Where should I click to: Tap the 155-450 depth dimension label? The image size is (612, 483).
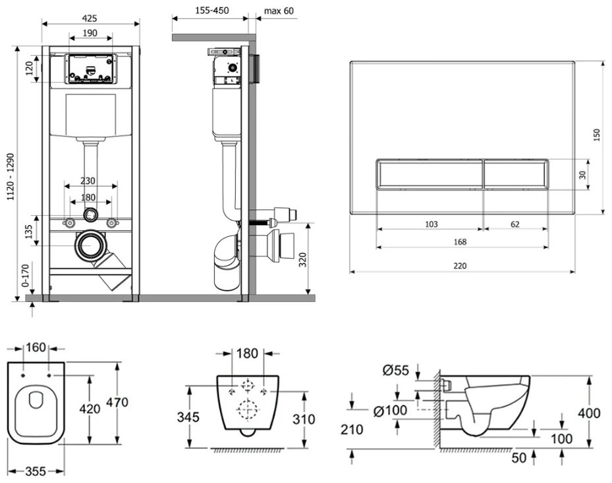click(210, 11)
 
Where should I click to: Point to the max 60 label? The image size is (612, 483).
click(279, 11)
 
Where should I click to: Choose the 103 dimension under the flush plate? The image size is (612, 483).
click(430, 224)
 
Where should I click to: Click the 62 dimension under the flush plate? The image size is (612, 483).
click(515, 224)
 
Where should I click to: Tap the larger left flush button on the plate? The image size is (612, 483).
click(430, 175)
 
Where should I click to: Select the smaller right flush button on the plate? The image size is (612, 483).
click(515, 175)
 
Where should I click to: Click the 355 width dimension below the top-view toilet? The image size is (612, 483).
click(37, 471)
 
